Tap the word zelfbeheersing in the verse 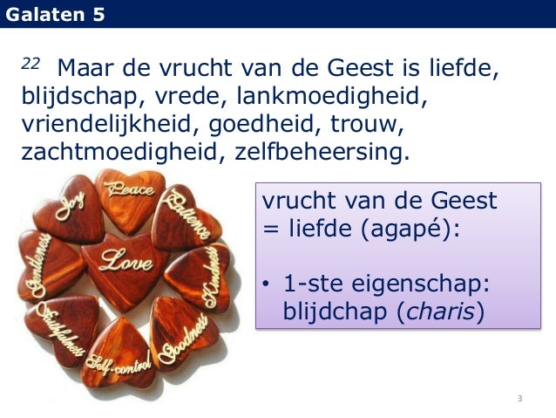322,153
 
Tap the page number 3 519,399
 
